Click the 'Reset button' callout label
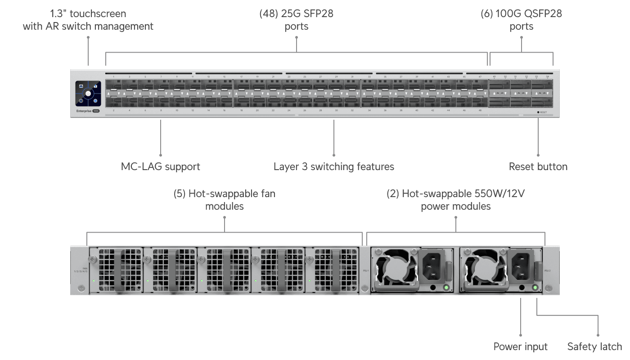tap(538, 166)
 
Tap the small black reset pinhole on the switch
tap(538, 112)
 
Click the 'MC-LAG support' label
tap(160, 166)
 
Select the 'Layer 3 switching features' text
tap(333, 166)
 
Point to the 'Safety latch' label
tap(594, 346)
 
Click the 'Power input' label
tap(521, 346)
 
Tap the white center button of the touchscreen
tap(88, 94)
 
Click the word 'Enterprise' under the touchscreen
tap(83, 110)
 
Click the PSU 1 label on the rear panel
tap(365, 271)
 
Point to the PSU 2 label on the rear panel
tap(547, 271)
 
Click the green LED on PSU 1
tap(446, 287)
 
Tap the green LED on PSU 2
tap(535, 287)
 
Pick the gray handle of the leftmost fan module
tap(119, 270)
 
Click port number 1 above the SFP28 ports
tap(113, 77)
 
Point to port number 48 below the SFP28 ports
tap(480, 110)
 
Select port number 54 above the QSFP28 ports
tap(548, 77)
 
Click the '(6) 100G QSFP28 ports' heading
tap(521, 20)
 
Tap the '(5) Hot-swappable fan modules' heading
tap(224, 200)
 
